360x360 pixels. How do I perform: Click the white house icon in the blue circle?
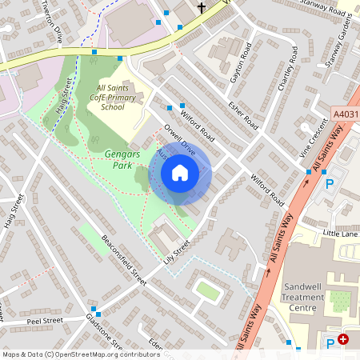click(x=180, y=173)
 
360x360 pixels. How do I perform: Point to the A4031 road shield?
click(x=344, y=115)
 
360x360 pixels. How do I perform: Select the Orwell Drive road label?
click(x=178, y=137)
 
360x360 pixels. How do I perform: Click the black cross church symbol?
click(x=202, y=9)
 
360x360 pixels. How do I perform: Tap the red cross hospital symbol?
click(x=343, y=340)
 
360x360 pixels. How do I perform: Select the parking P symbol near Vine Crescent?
click(x=329, y=183)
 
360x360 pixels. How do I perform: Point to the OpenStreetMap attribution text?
click(x=81, y=354)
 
